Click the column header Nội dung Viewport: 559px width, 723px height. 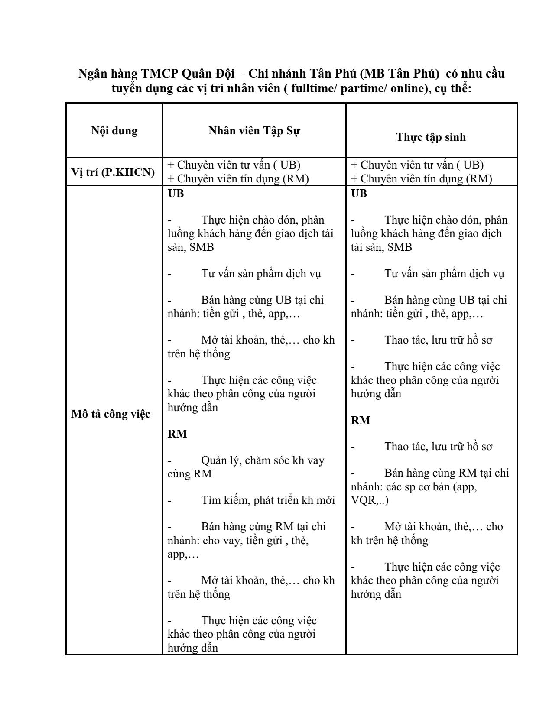114,131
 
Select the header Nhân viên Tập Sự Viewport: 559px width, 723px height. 254,131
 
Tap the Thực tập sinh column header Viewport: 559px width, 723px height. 431,137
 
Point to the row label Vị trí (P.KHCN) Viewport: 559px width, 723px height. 113,172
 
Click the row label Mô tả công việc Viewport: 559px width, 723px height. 111,414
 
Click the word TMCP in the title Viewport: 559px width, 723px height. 159,74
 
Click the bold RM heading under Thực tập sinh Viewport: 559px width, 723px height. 361,420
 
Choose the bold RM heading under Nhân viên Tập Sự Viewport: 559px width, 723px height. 177,434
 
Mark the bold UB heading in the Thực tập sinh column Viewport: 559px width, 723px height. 359,194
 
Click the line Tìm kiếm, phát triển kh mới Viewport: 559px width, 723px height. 268,500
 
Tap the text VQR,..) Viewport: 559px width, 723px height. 370,501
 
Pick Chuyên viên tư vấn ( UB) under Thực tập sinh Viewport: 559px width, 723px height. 417,165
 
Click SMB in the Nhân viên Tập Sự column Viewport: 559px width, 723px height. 202,247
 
